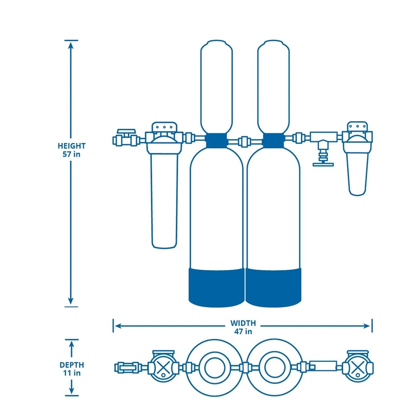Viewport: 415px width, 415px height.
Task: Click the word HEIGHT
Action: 71,146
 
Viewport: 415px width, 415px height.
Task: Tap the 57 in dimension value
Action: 71,154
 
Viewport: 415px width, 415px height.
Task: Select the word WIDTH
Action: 243,323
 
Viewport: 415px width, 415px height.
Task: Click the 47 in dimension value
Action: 243,331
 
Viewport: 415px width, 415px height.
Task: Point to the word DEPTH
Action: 71,365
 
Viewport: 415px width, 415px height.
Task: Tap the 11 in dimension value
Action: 71,373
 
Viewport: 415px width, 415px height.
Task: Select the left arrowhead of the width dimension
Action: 117,326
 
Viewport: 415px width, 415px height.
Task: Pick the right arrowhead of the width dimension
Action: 368,326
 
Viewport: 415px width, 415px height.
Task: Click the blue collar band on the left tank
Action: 216,140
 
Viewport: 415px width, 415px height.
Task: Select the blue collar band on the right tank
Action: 273,140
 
